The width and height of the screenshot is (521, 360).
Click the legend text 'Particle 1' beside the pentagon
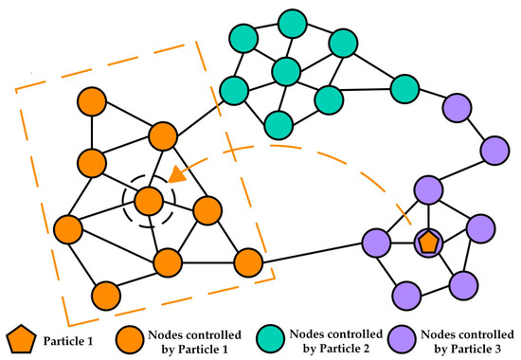coord(66,336)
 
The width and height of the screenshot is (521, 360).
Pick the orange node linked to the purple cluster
coord(246,261)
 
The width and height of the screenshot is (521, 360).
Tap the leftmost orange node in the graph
coord(67,228)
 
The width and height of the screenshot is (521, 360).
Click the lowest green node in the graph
coord(278,123)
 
